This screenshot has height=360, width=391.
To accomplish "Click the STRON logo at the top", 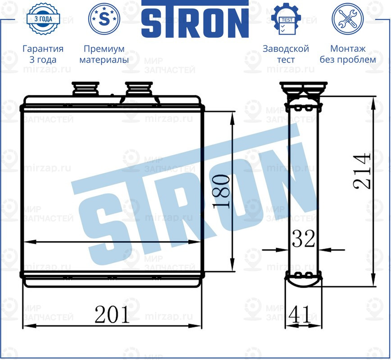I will (195, 20).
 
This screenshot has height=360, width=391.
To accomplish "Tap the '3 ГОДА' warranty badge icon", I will (42, 19).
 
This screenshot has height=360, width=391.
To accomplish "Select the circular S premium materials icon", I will (104, 19).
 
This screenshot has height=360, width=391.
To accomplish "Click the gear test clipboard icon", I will (286, 19).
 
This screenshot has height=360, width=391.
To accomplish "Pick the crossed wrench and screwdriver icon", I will (347, 19).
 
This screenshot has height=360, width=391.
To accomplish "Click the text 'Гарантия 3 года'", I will (43, 54).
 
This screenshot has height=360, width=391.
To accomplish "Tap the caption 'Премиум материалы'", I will (104, 54).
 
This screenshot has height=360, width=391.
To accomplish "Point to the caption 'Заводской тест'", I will (286, 54).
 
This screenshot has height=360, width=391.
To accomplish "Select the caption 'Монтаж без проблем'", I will (347, 54).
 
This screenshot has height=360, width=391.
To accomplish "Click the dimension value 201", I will (112, 315).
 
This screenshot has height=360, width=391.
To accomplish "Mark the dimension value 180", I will (222, 192).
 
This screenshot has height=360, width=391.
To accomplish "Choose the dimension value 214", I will (362, 171).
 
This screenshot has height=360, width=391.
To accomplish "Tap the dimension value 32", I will (303, 239).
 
